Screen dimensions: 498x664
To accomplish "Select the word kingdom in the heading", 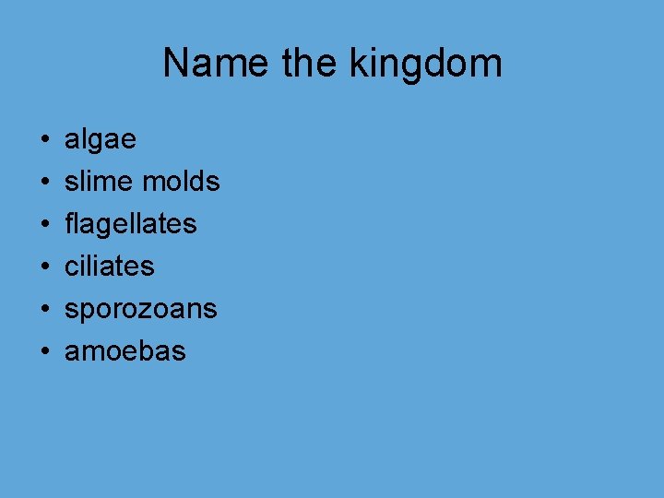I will pos(426,64).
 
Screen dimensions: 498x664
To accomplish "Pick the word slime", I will pos(99,182).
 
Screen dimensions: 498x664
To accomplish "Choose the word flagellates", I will pos(130,224).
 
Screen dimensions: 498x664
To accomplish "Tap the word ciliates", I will pos(109,267).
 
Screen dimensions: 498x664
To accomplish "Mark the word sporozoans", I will pos(140,309).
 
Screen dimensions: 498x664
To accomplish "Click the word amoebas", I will pos(125,351).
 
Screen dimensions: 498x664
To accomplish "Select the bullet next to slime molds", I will pos(44,183).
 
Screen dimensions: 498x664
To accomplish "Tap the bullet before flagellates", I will pos(44,225).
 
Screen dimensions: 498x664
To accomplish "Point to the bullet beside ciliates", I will pos(44,267).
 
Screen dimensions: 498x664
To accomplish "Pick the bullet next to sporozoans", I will pos(44,310).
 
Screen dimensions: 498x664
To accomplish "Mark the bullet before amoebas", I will pos(44,352).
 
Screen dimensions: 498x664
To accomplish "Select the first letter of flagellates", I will pos(69,223).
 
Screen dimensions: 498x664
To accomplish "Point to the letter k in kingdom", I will pos(358,64).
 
